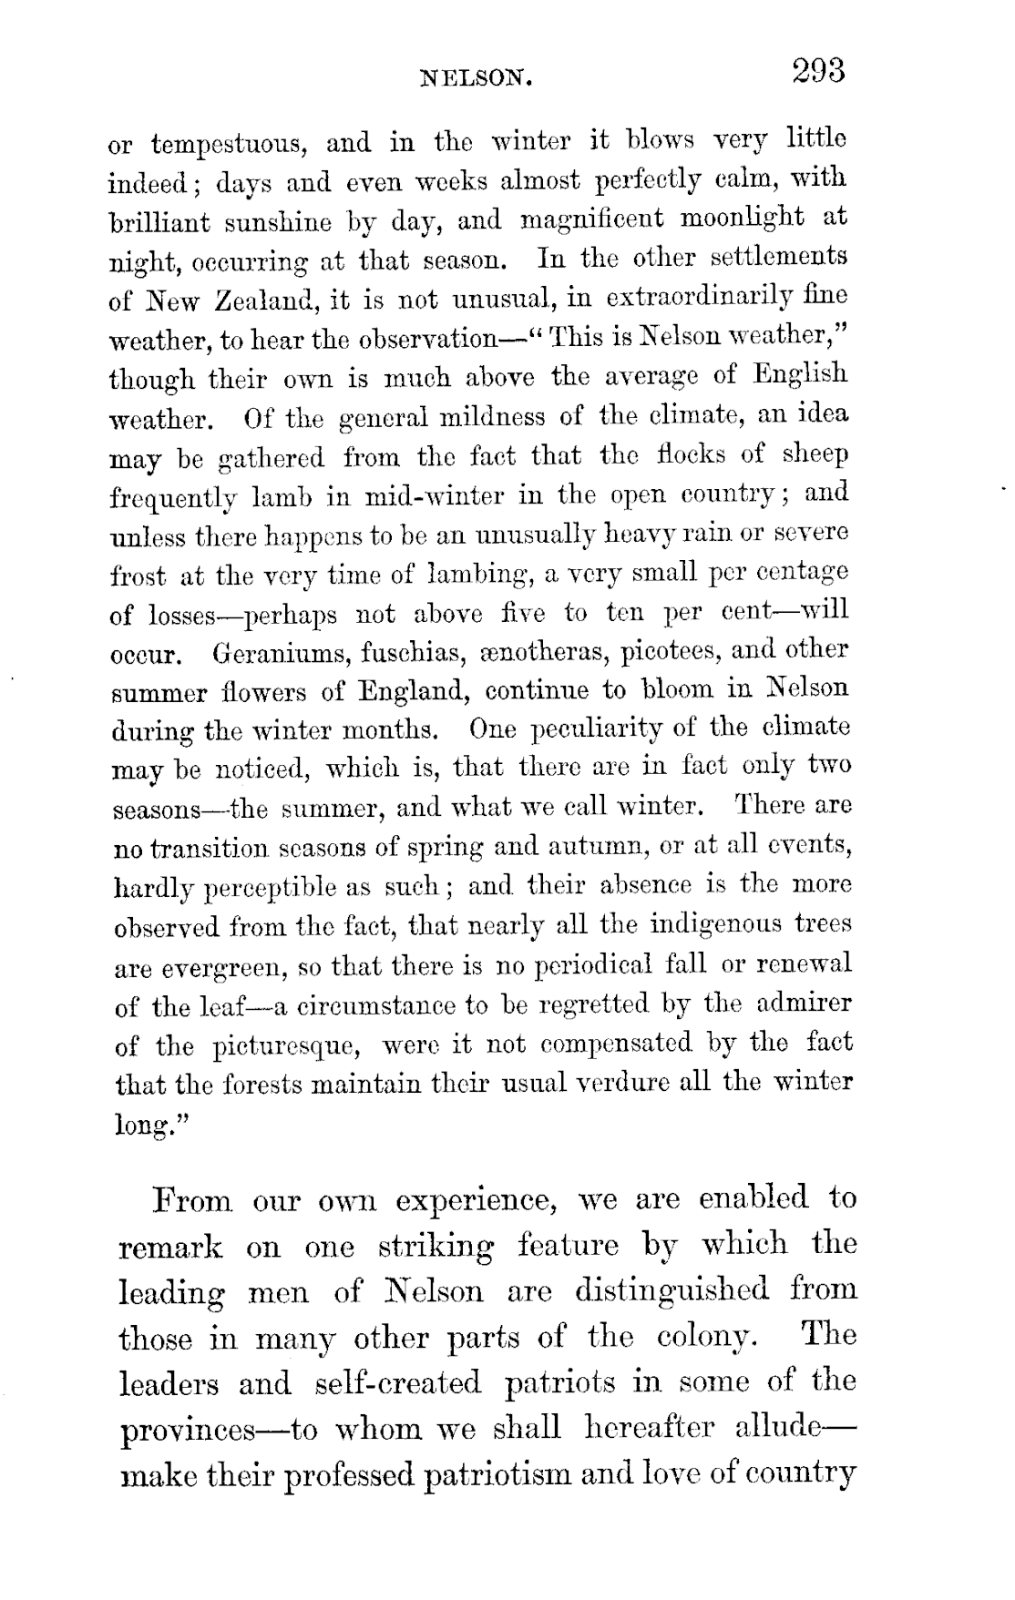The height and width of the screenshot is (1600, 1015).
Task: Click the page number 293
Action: point(819,72)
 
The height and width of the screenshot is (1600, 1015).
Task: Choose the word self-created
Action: point(397,1384)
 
